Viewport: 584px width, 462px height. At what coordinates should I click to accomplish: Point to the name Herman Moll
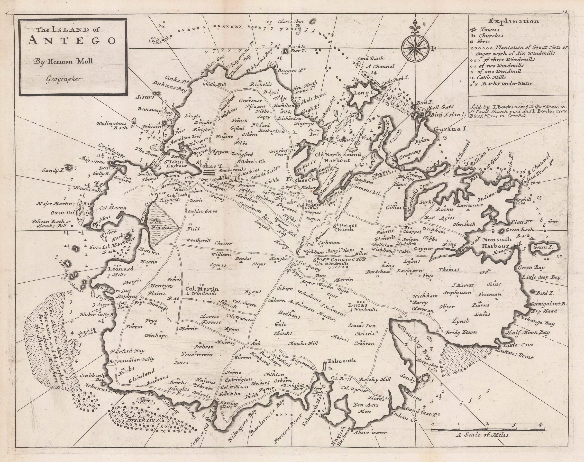coord(71,61)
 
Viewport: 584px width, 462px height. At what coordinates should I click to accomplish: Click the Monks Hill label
coord(303,344)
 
